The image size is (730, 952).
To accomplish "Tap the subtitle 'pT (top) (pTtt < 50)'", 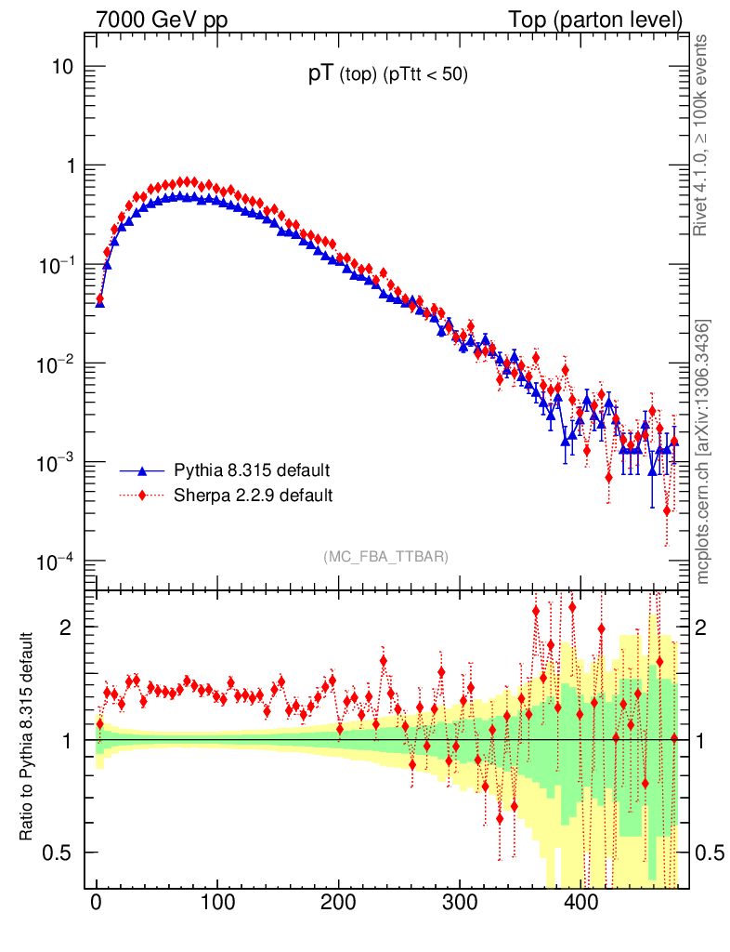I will pyautogui.click(x=388, y=75).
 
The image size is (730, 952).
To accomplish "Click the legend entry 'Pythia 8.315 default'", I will pyautogui.click(x=252, y=469).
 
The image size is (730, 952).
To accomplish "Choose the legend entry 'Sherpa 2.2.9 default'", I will pyautogui.click(x=253, y=495).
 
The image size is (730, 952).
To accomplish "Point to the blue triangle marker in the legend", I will pyautogui.click(x=142, y=469).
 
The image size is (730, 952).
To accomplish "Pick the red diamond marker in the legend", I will pyautogui.click(x=142, y=495).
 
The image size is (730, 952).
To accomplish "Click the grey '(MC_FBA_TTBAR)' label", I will pyautogui.click(x=385, y=556).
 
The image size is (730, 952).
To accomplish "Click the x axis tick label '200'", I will pyautogui.click(x=339, y=903).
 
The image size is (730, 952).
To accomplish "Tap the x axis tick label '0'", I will pyautogui.click(x=97, y=903).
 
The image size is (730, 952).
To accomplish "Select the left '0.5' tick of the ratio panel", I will pyautogui.click(x=61, y=853).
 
